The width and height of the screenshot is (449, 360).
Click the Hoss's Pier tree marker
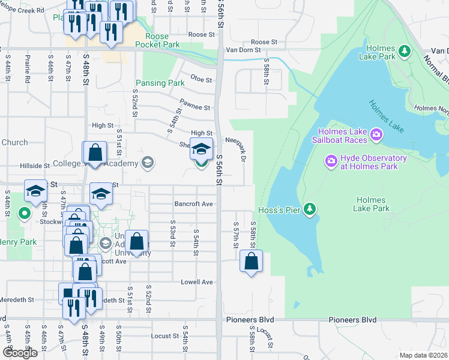pyautogui.click(x=310, y=209)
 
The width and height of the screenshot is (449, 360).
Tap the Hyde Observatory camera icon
pyautogui.click(x=330, y=161)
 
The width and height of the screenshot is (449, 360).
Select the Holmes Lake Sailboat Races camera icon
pyautogui.click(x=376, y=133)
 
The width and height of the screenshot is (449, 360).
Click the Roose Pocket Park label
pyautogui.click(x=157, y=40)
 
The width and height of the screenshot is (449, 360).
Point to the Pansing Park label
pyautogui.click(x=160, y=83)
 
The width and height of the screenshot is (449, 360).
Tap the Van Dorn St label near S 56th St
pyautogui.click(x=244, y=50)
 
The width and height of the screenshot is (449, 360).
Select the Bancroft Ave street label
pyautogui.click(x=194, y=204)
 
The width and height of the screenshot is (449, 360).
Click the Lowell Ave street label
pyautogui.click(x=197, y=282)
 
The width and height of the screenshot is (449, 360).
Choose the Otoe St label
pyautogui.click(x=201, y=79)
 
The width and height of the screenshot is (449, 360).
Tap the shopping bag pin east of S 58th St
pyautogui.click(x=252, y=262)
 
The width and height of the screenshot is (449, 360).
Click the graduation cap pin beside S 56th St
pyautogui.click(x=202, y=148)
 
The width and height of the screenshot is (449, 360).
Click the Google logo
pyautogui.click(x=20, y=352)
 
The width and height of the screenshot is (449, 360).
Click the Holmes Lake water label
pyautogui.click(x=386, y=114)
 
